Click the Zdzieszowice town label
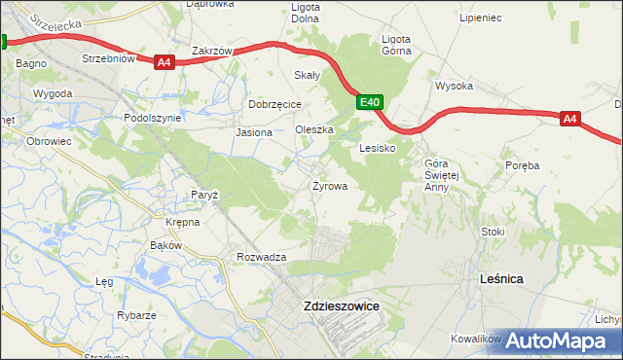(x=341, y=306)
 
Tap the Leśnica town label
(x=502, y=278)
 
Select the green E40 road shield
(x=369, y=101)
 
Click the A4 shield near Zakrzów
(x=164, y=62)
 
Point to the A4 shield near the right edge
(x=570, y=119)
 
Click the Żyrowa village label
(x=329, y=185)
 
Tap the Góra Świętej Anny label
(x=435, y=175)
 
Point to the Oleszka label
(x=314, y=129)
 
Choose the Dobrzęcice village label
(x=275, y=104)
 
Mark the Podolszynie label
(x=153, y=118)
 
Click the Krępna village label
(x=182, y=222)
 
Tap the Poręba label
(x=523, y=165)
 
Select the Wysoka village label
(x=454, y=86)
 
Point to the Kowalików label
(x=475, y=339)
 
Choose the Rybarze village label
(x=137, y=315)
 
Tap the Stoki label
(x=494, y=232)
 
